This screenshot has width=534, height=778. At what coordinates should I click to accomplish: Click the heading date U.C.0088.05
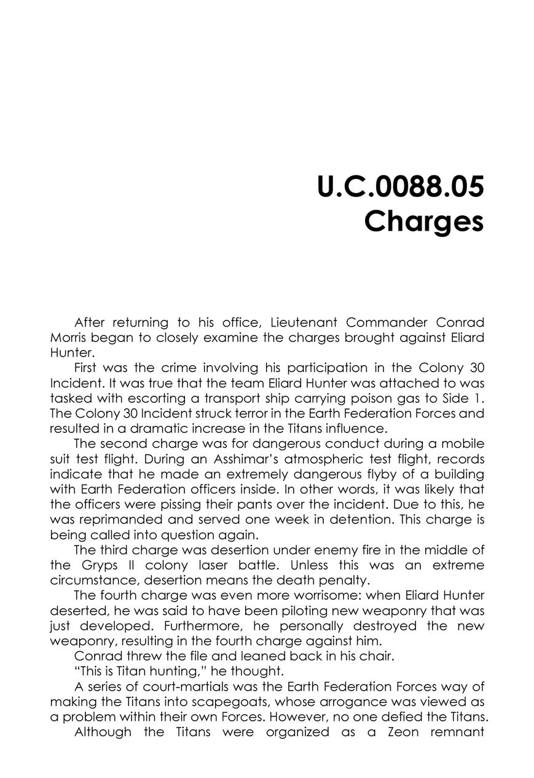(400, 188)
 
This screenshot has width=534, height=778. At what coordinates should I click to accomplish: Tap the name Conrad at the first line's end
(460, 322)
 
